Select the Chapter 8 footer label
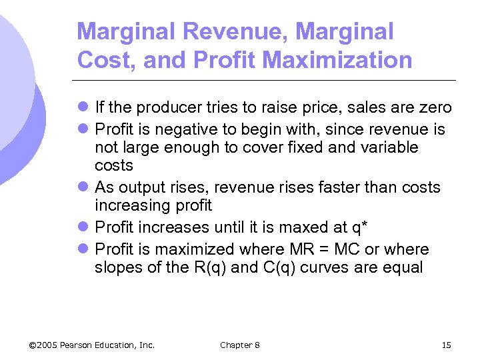[240, 345]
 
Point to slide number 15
[446, 345]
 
